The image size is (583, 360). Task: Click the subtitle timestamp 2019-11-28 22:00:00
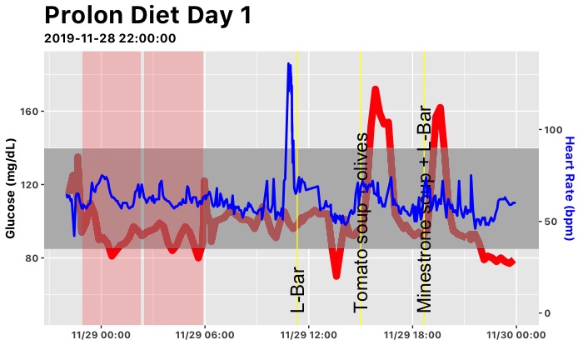(x=109, y=38)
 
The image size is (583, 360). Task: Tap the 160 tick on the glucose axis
(x=31, y=112)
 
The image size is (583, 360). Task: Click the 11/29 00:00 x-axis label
(x=101, y=335)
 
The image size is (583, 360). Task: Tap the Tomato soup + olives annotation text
(x=361, y=222)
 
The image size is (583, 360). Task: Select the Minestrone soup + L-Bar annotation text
(x=424, y=208)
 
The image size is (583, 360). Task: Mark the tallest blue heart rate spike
(x=289, y=64)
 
